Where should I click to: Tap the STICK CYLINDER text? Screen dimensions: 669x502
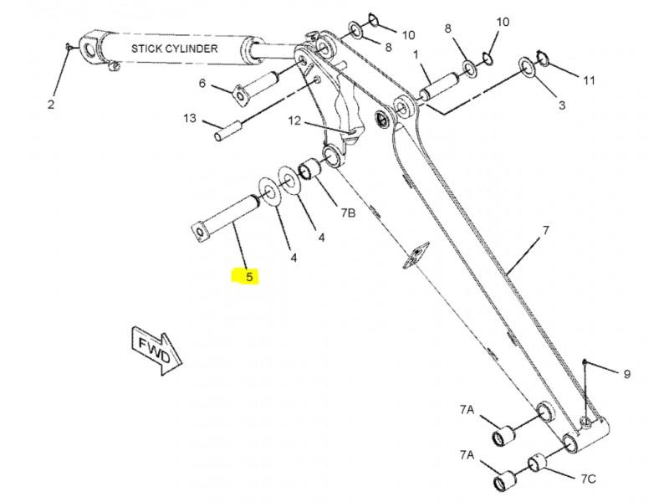175,49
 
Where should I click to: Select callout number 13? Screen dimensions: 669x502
190,118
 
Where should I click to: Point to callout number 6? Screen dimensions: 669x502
202,83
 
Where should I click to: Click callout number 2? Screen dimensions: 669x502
51,104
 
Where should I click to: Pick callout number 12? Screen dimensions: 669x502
294,120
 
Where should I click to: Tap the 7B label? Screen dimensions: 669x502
348,213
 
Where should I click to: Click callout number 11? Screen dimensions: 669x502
589,80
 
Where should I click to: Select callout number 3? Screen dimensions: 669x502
562,105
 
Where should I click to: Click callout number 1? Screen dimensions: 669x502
416,54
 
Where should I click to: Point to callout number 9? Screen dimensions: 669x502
626,374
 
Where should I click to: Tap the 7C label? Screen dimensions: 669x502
588,479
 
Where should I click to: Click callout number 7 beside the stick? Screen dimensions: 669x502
546,231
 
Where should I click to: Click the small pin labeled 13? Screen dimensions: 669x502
227,131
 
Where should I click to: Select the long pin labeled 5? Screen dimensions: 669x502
225,218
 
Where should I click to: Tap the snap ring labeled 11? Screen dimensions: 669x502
542,58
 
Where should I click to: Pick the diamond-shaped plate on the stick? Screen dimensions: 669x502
416,255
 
